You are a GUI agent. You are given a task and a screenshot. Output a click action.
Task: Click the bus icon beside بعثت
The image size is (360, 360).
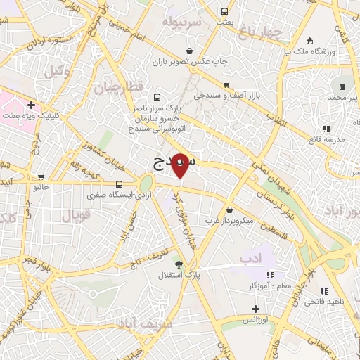224,11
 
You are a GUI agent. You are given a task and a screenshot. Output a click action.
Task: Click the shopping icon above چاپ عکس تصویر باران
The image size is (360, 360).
190,51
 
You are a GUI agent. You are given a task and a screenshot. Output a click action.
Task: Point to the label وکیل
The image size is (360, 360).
56,71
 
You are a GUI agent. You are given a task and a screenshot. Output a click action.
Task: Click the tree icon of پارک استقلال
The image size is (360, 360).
179,265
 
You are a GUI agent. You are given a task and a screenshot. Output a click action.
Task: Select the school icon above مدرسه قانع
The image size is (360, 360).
326,129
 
